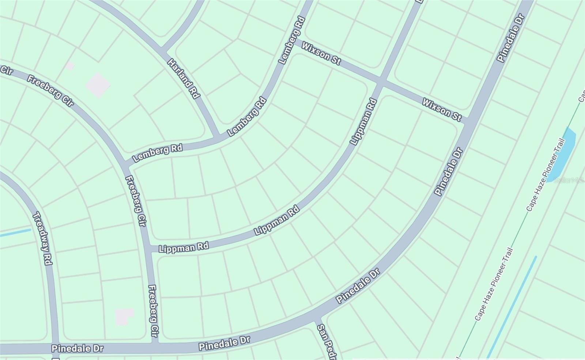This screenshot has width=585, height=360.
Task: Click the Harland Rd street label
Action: (x=184, y=78)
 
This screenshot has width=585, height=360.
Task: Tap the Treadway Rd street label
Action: (x=42, y=238)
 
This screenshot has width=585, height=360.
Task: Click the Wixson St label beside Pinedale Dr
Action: (x=442, y=109)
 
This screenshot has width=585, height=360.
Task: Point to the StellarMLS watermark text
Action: (x=568, y=180)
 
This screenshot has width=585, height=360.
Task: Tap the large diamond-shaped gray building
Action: (x=98, y=85)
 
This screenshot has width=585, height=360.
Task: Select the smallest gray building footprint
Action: (x=70, y=66)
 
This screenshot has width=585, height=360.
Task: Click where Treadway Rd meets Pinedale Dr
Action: (x=56, y=348)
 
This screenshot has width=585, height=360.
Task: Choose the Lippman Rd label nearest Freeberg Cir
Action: (x=184, y=247)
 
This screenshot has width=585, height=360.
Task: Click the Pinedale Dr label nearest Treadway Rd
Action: (x=78, y=348)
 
